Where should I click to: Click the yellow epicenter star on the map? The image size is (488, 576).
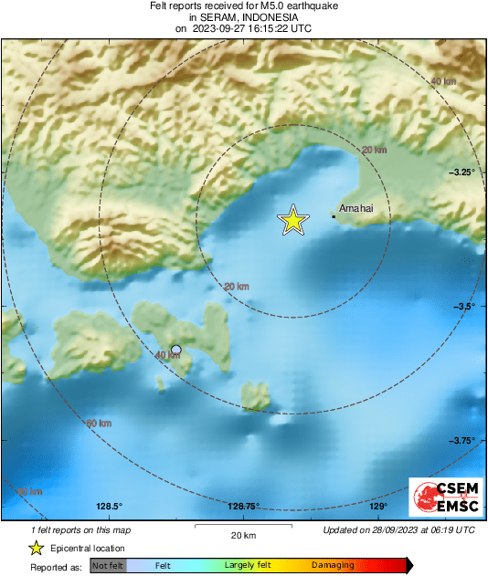click(292, 220)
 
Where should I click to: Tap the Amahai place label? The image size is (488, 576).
click(356, 209)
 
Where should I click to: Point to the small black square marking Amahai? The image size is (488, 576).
click(334, 216)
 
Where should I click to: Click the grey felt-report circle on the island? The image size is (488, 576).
click(176, 350)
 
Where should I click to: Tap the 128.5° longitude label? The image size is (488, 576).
click(110, 507)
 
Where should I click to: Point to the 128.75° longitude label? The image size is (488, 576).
click(244, 507)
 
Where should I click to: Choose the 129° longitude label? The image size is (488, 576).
click(378, 507)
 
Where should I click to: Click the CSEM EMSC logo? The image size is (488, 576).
click(442, 498)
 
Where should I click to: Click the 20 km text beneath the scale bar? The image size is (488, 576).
click(242, 535)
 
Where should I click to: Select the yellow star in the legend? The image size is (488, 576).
click(36, 548)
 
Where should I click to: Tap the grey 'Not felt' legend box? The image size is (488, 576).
click(106, 566)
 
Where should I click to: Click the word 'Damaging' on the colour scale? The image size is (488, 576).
click(333, 566)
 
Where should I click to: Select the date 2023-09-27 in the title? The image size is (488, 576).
click(220, 28)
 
